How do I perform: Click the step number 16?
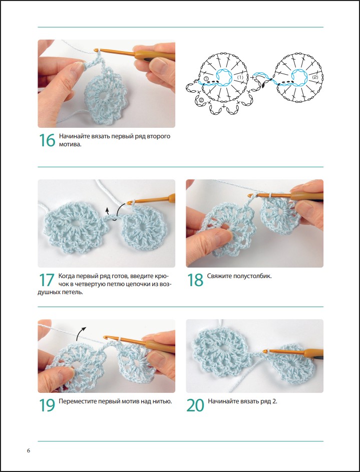(47, 140)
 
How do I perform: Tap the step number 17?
(47, 280)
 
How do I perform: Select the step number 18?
(195, 280)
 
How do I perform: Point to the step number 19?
(47, 405)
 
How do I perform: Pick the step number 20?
(195, 405)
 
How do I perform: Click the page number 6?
(29, 450)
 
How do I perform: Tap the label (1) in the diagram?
(240, 77)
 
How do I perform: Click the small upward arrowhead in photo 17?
(107, 212)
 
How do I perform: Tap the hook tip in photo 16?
(96, 50)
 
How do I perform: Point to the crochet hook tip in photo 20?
(265, 351)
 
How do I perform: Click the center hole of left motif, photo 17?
(74, 223)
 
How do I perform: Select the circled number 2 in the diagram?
(201, 100)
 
